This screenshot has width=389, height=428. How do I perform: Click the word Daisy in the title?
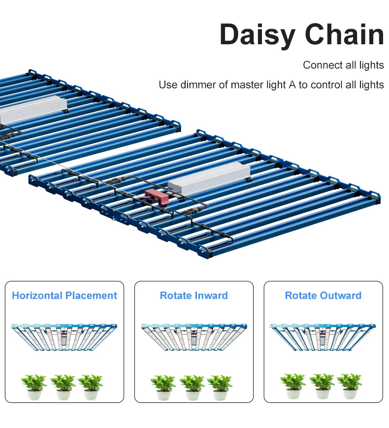click(x=257, y=35)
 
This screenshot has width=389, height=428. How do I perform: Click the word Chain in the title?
click(x=344, y=35)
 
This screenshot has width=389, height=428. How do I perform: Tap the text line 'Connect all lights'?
click(x=343, y=65)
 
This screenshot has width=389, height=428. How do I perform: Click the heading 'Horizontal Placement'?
click(x=65, y=296)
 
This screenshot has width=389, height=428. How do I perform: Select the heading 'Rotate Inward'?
click(x=194, y=296)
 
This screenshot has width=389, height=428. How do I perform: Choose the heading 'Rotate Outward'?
click(x=323, y=296)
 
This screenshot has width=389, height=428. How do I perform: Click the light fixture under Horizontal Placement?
click(x=64, y=337)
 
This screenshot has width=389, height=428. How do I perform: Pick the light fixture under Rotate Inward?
click(x=194, y=337)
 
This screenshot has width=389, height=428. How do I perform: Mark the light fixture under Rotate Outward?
click(x=323, y=337)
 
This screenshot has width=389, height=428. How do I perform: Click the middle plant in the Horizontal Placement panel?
click(x=63, y=386)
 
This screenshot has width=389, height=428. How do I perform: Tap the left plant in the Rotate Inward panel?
click(x=163, y=387)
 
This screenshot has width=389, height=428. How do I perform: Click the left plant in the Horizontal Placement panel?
click(x=34, y=386)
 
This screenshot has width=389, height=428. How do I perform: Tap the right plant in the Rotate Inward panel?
click(x=220, y=387)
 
